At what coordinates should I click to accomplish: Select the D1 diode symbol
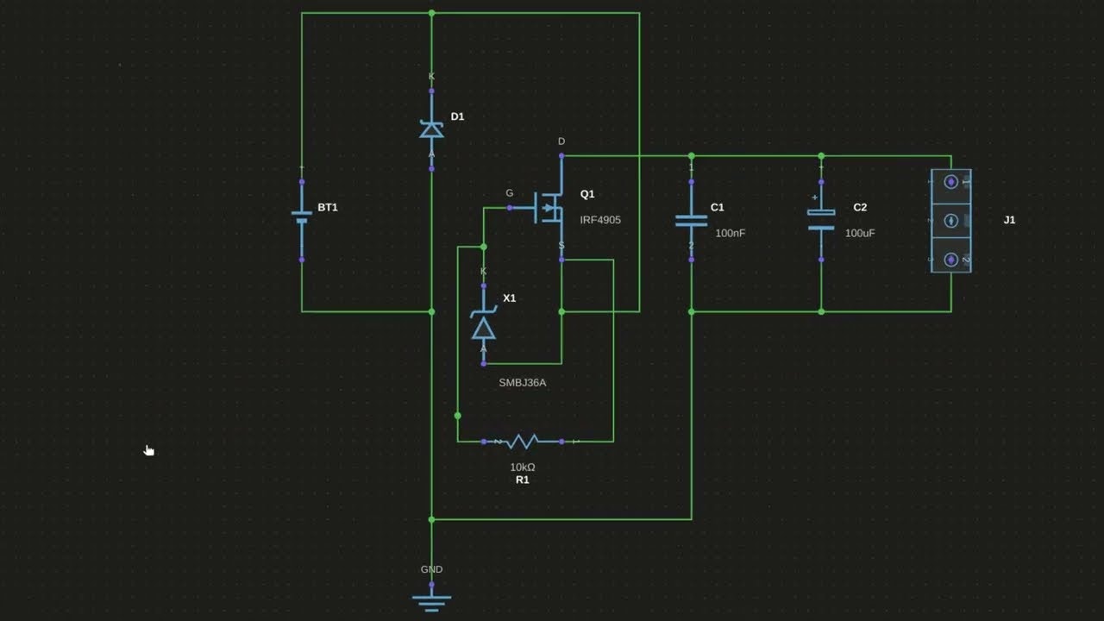click(431, 129)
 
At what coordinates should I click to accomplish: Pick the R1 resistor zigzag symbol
click(522, 442)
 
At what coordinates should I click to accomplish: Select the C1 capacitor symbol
click(691, 219)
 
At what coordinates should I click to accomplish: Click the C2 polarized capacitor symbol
click(820, 219)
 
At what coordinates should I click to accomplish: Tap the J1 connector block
click(950, 221)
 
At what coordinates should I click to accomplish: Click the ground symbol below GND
click(431, 601)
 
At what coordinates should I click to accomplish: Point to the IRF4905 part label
click(600, 220)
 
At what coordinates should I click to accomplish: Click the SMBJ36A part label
click(522, 382)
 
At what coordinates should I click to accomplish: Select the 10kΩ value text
click(522, 467)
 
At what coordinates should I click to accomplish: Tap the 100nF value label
click(730, 233)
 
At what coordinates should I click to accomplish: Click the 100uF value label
click(860, 233)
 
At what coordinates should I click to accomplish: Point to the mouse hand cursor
click(148, 449)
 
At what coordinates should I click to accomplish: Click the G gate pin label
click(509, 193)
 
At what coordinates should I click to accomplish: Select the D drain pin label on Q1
click(561, 141)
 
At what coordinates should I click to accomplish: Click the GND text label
click(431, 569)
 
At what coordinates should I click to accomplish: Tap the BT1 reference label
click(328, 207)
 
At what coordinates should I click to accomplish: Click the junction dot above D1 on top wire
click(431, 13)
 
